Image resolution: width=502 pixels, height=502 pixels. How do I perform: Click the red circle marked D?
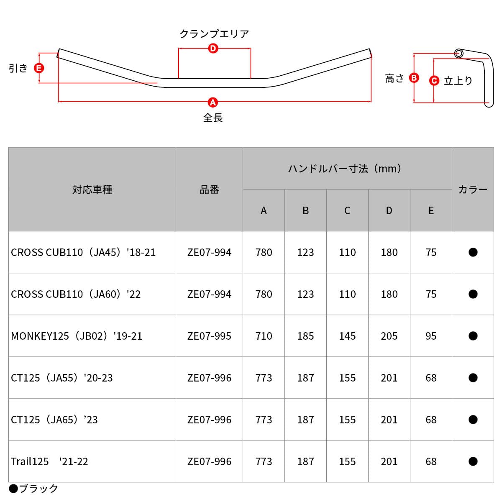click(x=213, y=49)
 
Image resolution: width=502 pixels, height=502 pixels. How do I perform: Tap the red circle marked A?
click(x=213, y=102)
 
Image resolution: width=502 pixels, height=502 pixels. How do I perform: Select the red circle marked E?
click(x=39, y=68)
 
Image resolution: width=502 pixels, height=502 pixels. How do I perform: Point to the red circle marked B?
click(x=414, y=78)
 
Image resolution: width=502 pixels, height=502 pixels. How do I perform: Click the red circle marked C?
click(x=434, y=80)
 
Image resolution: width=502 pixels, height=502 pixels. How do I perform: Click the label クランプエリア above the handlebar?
click(x=214, y=34)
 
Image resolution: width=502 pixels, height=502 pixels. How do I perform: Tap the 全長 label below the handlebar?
click(x=213, y=118)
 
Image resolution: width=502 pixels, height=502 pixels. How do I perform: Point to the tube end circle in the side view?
click(x=459, y=54)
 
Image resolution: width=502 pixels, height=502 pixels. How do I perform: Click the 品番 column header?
click(x=209, y=190)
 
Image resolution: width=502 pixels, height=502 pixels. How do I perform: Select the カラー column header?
click(x=473, y=190)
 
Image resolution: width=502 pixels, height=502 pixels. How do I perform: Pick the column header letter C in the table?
click(x=347, y=210)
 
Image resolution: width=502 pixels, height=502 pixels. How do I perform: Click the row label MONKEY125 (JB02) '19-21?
click(x=77, y=336)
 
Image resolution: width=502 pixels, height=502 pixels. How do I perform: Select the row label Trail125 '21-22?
click(x=49, y=461)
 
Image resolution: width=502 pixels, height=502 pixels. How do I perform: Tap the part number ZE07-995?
click(x=209, y=336)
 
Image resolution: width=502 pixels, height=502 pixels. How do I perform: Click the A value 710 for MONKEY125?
click(x=264, y=336)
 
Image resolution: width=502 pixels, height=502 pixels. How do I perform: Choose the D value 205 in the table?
click(x=389, y=336)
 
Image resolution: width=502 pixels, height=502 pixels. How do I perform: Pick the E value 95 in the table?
click(x=431, y=336)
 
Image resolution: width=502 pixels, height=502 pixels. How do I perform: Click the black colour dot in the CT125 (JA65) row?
click(x=473, y=420)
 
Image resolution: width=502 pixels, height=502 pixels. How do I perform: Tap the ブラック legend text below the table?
click(x=38, y=488)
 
